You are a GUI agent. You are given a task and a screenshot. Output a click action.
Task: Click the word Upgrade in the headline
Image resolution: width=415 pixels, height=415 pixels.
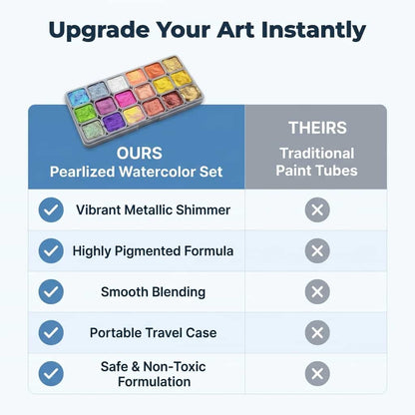(99, 31)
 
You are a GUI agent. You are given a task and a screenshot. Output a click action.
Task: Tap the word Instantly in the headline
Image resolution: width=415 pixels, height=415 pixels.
(313, 30)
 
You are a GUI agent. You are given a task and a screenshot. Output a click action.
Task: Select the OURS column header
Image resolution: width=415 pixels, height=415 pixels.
(140, 154)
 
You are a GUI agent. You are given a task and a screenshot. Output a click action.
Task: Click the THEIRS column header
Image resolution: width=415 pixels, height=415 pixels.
(317, 128)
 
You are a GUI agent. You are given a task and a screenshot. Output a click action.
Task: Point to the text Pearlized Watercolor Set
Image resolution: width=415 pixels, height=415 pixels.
(137, 172)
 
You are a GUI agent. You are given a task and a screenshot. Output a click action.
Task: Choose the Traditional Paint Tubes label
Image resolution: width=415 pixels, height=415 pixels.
(316, 162)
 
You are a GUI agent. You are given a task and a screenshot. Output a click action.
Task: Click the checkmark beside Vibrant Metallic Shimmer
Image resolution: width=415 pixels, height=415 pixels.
(51, 209)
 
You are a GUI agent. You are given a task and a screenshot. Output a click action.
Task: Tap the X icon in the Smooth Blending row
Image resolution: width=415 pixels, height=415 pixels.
(317, 291)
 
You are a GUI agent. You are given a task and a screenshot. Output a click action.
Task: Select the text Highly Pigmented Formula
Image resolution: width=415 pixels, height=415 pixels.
(153, 251)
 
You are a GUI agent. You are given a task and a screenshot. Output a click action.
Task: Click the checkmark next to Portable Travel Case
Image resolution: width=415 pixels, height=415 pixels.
(51, 332)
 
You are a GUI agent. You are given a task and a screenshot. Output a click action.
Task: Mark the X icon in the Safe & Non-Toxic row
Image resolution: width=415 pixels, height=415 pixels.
(317, 373)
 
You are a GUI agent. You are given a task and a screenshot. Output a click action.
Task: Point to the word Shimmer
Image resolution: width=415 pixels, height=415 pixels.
(203, 209)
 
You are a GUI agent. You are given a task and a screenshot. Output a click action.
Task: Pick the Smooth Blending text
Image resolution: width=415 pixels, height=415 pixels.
(153, 292)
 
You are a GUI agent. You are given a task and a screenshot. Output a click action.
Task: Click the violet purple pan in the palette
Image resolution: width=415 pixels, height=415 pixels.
(114, 123)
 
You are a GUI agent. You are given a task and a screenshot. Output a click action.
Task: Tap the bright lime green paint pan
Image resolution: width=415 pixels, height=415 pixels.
(85, 114)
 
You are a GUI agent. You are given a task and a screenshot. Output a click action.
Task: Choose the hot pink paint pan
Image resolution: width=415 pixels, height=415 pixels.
(125, 99)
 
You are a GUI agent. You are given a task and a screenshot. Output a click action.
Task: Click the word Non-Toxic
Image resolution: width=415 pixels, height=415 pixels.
(175, 366)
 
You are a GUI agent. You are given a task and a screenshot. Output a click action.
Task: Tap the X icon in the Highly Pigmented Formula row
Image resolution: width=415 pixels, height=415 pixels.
(317, 250)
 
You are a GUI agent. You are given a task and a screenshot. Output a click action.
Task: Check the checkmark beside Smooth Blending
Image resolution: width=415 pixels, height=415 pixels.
(51, 291)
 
